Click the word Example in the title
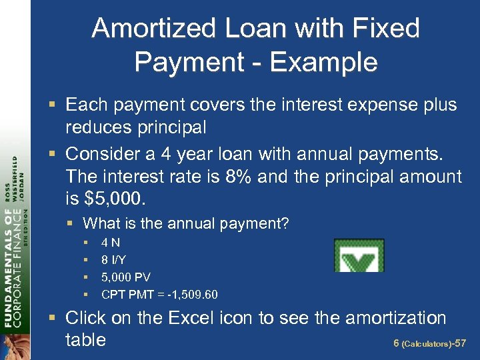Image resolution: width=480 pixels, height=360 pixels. tap(325, 63)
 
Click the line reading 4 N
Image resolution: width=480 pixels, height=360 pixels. tap(111, 243)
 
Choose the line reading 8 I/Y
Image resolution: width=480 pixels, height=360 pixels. tap(115, 260)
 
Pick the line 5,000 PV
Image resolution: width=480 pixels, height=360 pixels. tap(126, 277)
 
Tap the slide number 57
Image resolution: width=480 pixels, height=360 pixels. tap(459, 344)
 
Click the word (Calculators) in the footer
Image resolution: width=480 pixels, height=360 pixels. tap(426, 345)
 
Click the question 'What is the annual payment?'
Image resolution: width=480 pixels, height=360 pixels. tap(185, 223)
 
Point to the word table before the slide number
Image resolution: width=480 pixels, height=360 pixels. tap(85, 340)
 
